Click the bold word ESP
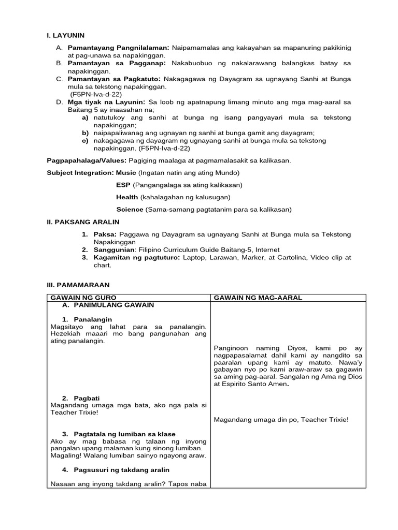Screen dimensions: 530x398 pos(123,185)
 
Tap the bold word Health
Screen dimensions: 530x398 pos(127,197)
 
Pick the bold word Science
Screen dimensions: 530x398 pos(130,210)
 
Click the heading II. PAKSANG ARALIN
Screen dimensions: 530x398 pos(83,222)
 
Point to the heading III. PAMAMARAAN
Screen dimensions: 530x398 pos(78,285)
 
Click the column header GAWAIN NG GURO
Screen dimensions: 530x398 pos(83,298)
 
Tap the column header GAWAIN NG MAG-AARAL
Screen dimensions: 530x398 pos(258,298)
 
